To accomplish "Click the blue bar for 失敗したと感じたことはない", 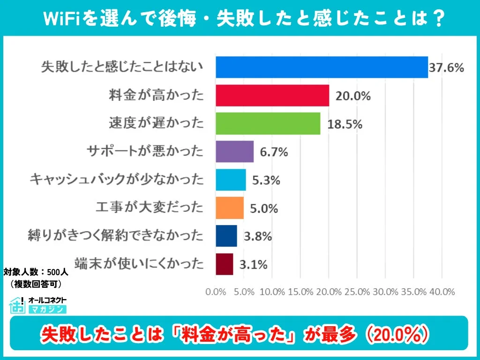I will [322, 67].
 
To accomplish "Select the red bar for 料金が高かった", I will [272, 96].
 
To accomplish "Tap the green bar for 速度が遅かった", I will [268, 124].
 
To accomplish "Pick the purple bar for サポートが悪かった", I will [234, 151].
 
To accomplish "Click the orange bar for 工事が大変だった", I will [230, 208].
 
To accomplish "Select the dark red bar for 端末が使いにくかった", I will [224, 264].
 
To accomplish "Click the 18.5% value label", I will [345, 124].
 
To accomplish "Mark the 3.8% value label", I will [257, 236].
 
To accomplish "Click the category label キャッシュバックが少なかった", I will [116, 180].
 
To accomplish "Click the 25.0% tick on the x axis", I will [357, 292].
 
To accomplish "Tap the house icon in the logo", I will [17, 305].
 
